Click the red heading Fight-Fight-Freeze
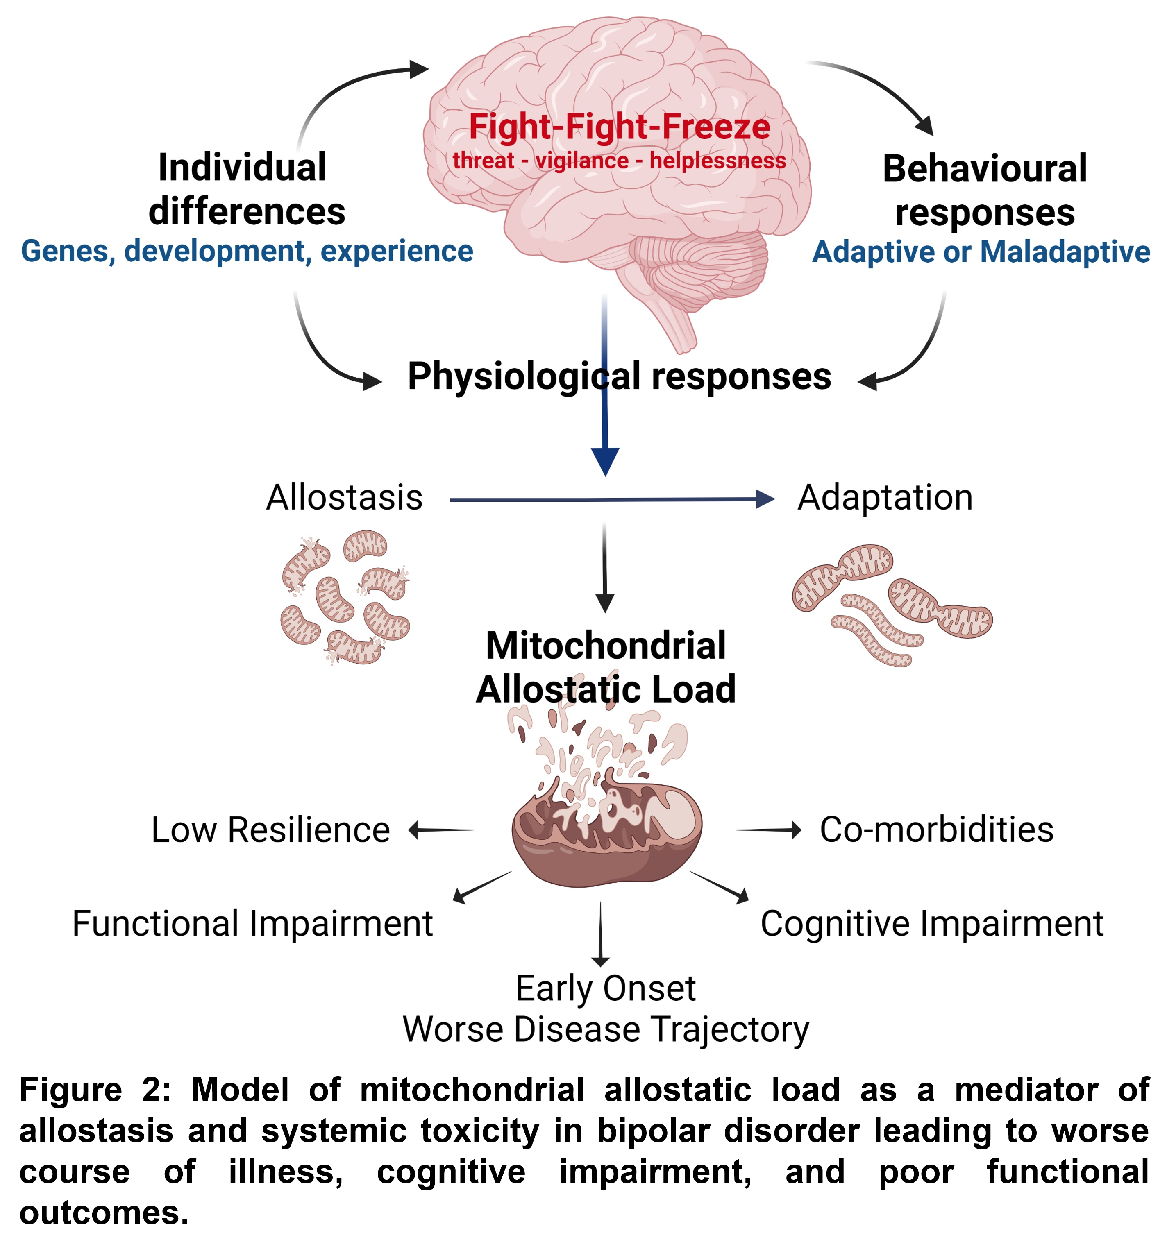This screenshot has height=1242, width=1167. (x=619, y=127)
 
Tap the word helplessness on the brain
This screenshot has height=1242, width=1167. (x=717, y=161)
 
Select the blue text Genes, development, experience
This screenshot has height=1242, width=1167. (x=247, y=251)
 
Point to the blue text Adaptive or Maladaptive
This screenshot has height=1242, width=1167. (x=981, y=252)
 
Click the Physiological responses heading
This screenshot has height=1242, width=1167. (x=619, y=376)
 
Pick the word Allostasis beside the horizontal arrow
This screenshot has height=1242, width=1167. (x=345, y=498)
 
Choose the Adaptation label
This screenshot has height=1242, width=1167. (x=885, y=498)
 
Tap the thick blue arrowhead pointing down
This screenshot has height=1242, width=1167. (x=605, y=461)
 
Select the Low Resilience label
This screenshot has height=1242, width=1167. (x=271, y=830)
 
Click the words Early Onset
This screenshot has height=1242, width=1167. (x=605, y=988)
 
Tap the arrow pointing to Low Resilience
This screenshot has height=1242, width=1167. (x=440, y=830)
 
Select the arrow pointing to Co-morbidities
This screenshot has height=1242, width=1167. (x=769, y=830)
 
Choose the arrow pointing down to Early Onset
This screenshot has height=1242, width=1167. (x=601, y=934)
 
